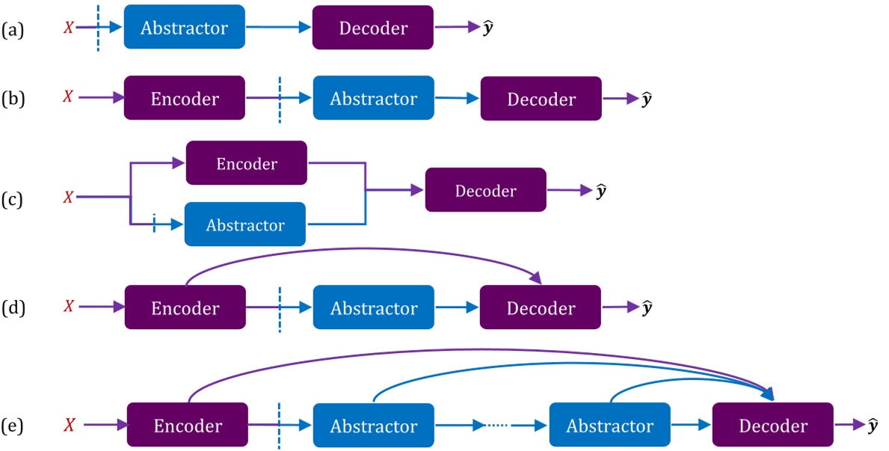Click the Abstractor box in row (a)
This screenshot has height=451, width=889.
[x=184, y=28]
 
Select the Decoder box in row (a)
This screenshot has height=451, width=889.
[x=372, y=28]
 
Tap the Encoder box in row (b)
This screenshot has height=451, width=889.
[x=184, y=98]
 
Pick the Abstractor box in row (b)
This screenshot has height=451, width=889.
[x=373, y=98]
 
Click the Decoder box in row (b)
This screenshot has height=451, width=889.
[x=541, y=99]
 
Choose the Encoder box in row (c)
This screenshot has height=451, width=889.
[x=246, y=163]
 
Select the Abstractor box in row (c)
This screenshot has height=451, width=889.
[x=244, y=224]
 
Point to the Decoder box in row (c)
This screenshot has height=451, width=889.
[x=485, y=190]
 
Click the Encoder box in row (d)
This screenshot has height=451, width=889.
[x=185, y=307]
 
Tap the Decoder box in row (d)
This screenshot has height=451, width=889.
[x=541, y=307]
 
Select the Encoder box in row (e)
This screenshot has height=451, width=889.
[x=187, y=426]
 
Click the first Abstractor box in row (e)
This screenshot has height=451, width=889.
[x=373, y=426]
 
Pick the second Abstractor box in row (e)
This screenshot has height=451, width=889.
[x=609, y=426]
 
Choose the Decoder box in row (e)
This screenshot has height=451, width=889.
[x=772, y=426]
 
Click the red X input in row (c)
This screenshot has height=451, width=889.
[x=68, y=197]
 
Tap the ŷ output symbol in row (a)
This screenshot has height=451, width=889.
[x=488, y=28]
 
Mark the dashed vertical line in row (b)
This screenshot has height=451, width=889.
[x=279, y=99]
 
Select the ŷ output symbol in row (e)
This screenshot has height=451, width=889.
[x=873, y=426]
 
